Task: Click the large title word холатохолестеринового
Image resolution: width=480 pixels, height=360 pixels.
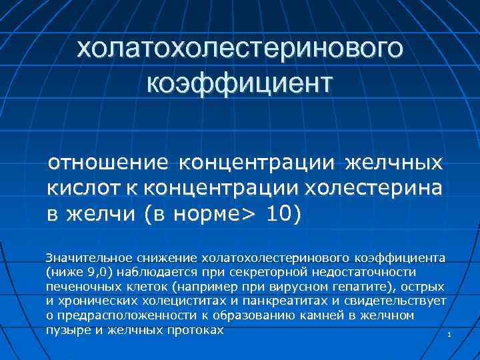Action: (239, 48)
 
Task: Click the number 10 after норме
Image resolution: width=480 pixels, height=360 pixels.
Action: (279, 215)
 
